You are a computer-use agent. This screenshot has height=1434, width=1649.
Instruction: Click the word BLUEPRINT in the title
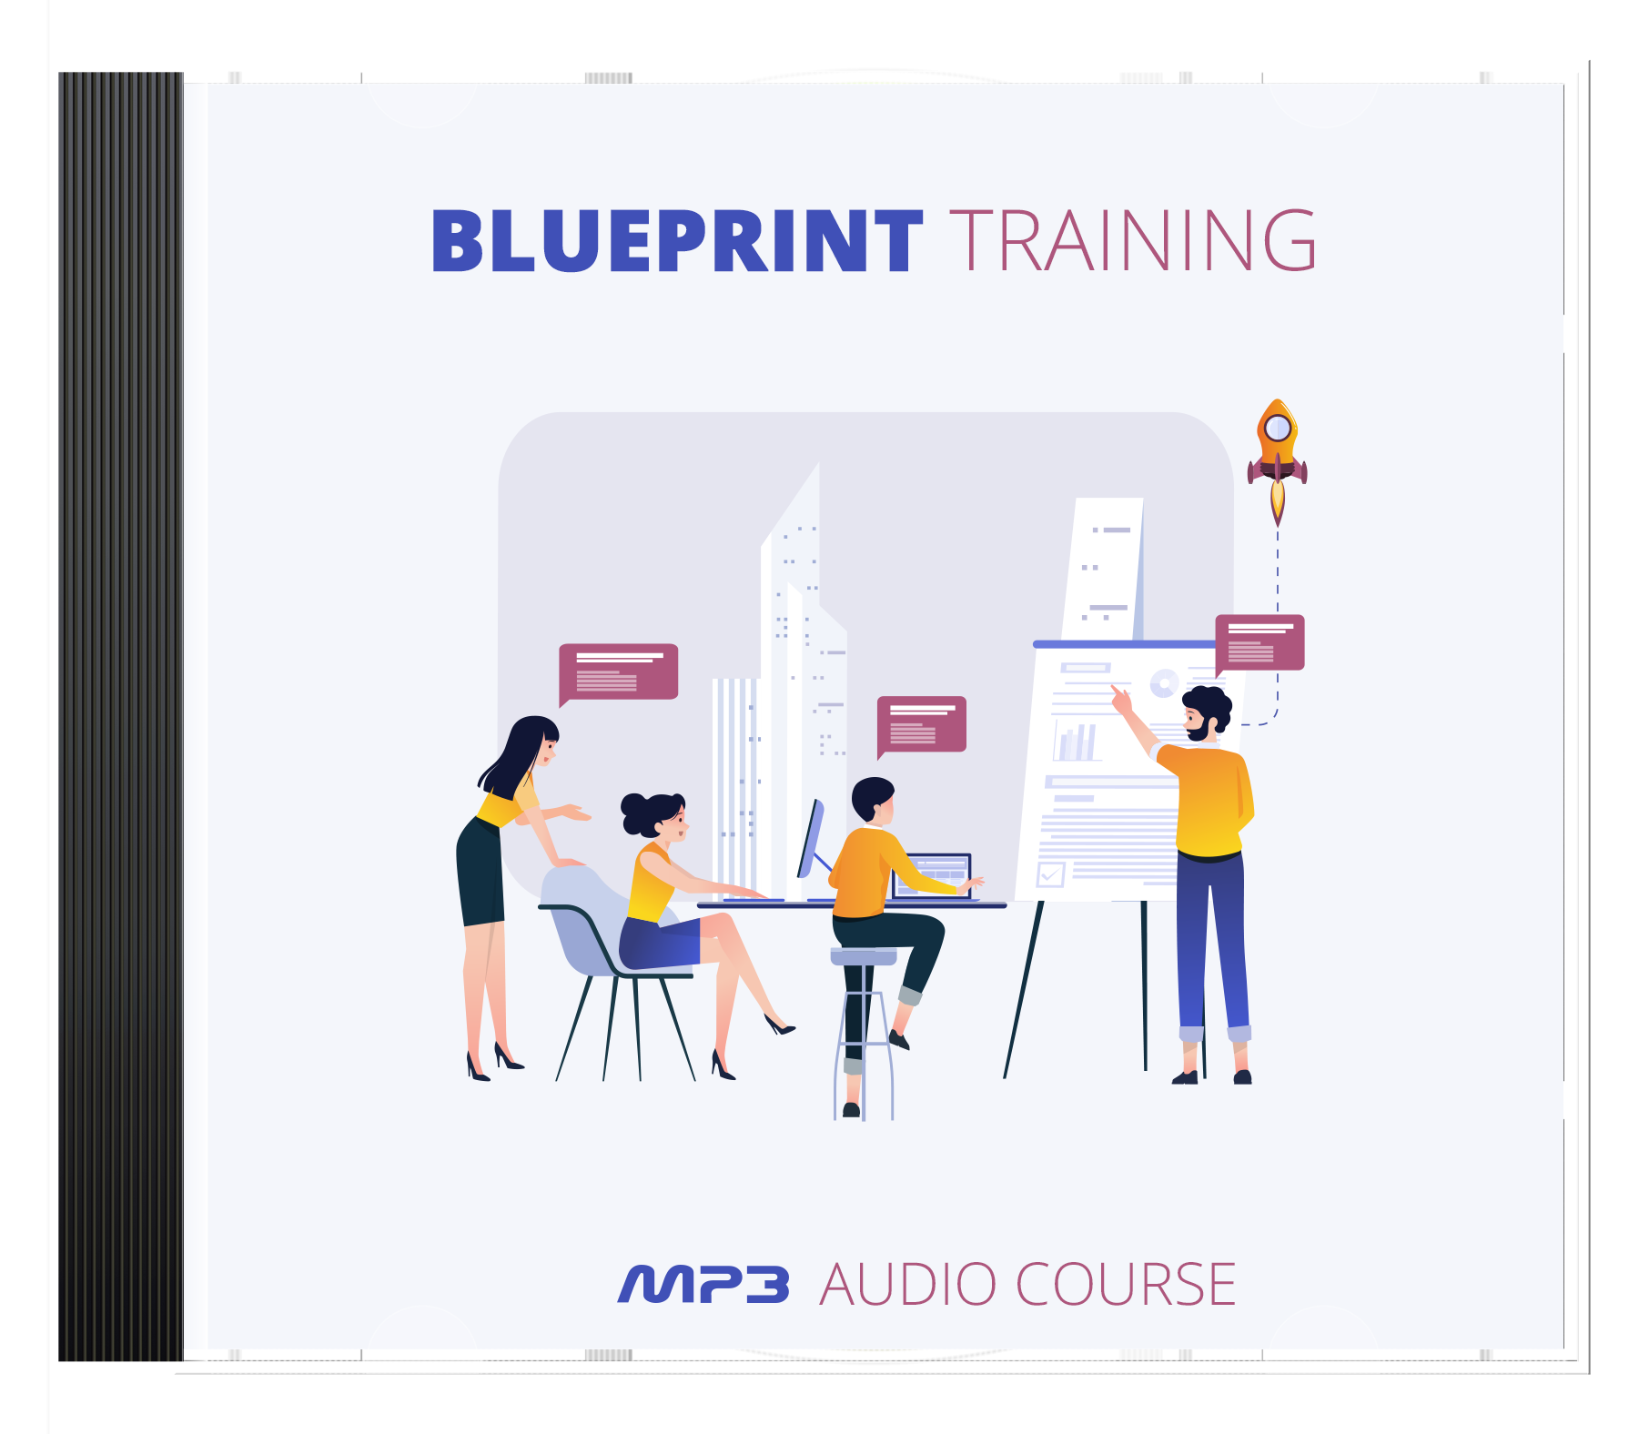(x=677, y=240)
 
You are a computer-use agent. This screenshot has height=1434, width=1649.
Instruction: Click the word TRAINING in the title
(x=1133, y=240)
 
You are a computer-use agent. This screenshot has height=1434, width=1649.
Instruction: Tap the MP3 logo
(x=703, y=1285)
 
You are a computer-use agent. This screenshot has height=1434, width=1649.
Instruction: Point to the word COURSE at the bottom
(x=1126, y=1285)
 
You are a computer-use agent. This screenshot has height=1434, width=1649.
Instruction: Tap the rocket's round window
(x=1278, y=427)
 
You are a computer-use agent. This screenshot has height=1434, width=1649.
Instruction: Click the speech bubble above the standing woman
(x=618, y=673)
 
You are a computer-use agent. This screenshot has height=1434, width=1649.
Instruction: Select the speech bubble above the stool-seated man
(x=921, y=726)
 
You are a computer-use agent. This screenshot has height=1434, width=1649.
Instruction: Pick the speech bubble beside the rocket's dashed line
(x=1260, y=644)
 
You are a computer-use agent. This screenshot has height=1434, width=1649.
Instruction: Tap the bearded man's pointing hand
(x=1121, y=700)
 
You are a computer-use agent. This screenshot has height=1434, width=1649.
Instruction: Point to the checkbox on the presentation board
(x=1051, y=874)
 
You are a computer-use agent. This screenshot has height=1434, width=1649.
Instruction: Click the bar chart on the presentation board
(x=1077, y=742)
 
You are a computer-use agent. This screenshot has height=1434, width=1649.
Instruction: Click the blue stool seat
(x=864, y=955)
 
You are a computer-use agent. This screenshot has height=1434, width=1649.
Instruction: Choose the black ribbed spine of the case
(x=121, y=717)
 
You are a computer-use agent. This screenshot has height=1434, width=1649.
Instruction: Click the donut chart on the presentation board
(x=1164, y=682)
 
